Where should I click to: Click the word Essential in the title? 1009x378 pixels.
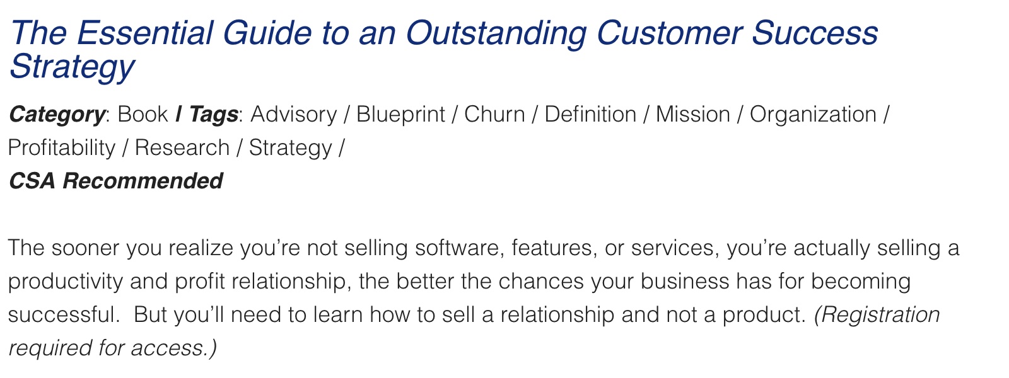[x=144, y=33]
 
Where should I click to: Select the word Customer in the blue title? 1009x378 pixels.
[x=669, y=33]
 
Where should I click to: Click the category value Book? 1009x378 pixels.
[x=143, y=114]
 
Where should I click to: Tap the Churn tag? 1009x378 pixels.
[x=494, y=114]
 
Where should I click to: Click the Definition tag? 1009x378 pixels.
[x=590, y=114]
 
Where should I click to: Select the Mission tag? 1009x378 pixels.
[x=693, y=114]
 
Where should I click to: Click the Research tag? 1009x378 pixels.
[x=182, y=147]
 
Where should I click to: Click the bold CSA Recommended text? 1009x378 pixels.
[x=116, y=181]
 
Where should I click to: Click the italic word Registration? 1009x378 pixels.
[x=877, y=315]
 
